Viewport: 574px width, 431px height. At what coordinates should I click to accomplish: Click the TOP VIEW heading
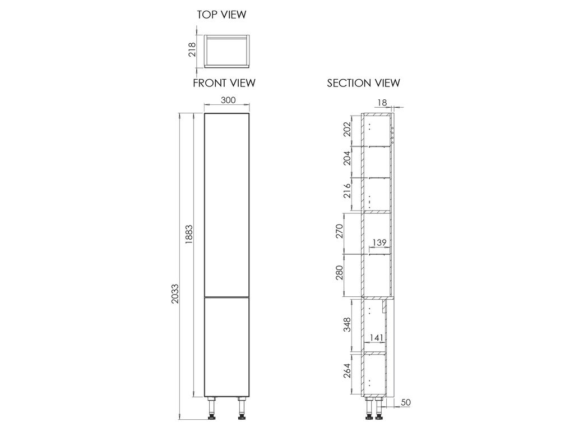click(x=221, y=15)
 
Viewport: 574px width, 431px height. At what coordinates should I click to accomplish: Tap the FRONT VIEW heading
click(x=224, y=83)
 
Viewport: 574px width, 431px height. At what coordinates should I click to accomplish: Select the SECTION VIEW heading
click(x=363, y=83)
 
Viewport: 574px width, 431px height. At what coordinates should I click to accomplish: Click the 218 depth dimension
click(x=192, y=50)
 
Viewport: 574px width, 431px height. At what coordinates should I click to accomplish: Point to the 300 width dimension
click(x=228, y=100)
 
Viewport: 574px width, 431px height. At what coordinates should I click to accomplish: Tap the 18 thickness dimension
click(x=382, y=103)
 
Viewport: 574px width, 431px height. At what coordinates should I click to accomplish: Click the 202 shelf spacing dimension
click(x=347, y=130)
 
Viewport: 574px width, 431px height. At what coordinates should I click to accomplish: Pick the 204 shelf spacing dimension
click(x=347, y=158)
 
